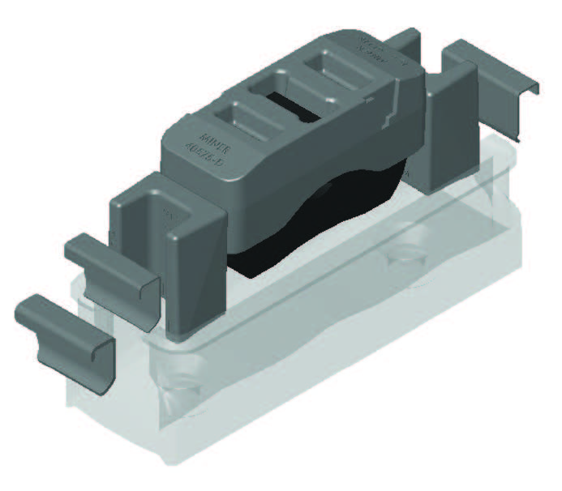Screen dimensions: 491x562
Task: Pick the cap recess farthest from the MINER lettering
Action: click(332, 71)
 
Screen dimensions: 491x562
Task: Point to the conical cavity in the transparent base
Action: click(182, 389)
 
